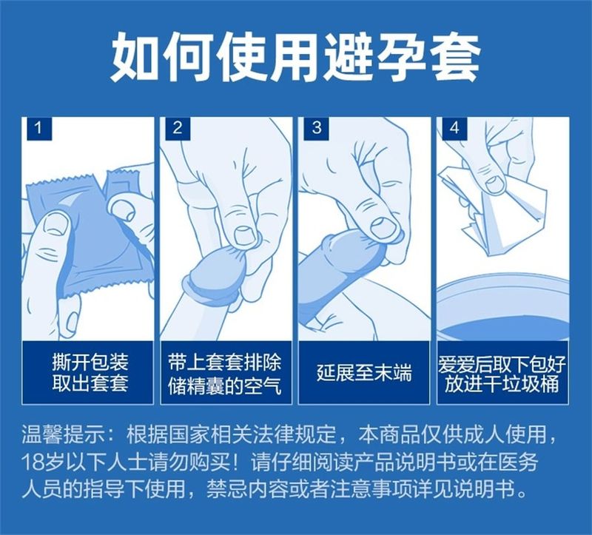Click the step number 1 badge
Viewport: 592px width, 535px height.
(38, 129)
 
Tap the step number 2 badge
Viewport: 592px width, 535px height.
(177, 129)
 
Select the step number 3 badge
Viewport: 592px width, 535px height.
(317, 129)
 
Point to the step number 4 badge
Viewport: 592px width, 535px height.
(454, 129)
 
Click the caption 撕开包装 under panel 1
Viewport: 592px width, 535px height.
(90, 362)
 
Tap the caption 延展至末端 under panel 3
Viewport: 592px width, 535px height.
(364, 373)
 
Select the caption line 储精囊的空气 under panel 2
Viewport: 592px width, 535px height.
(225, 386)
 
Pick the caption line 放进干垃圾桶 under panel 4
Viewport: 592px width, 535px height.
(502, 384)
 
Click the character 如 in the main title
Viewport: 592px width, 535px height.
(135, 57)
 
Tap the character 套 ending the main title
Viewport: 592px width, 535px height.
(456, 57)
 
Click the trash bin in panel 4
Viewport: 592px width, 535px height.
(502, 309)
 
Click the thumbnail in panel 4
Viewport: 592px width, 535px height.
(495, 183)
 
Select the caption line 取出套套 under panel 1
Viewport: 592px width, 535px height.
(90, 383)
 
